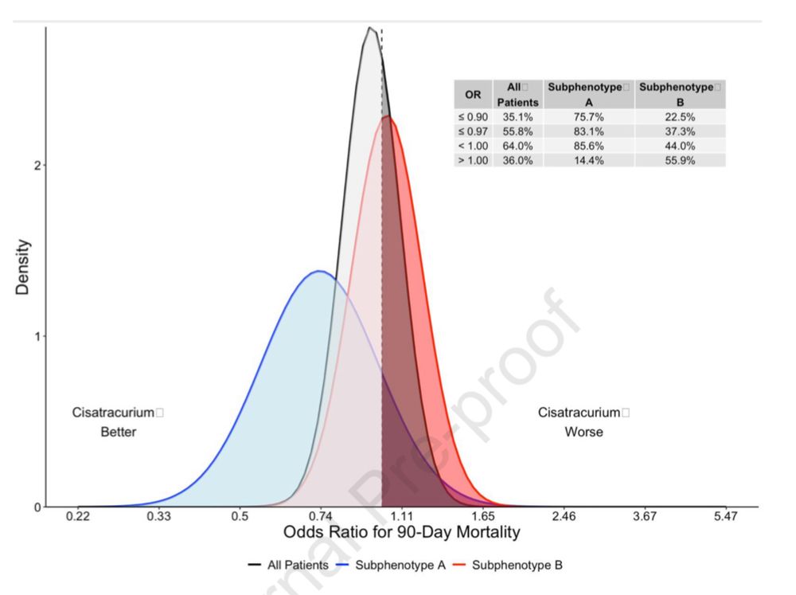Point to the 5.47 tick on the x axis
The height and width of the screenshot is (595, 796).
726,517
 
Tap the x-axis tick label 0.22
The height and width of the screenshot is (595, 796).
77,517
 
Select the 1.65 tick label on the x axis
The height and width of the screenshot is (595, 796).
482,517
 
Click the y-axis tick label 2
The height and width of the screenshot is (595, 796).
36,165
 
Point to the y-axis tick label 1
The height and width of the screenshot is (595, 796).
36,336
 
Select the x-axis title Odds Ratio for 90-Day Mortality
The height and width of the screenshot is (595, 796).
402,533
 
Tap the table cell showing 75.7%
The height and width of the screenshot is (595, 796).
588,116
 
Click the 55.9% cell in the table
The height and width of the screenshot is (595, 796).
680,160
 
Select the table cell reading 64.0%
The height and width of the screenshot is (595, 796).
518,146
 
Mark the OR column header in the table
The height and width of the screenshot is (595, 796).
473,94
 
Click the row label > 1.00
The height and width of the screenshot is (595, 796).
473,160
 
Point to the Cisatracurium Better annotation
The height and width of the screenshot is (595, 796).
118,422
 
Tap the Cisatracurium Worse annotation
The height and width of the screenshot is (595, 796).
583,422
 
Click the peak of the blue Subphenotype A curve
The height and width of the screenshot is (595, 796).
319,271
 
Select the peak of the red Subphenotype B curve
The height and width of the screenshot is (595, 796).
387,116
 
